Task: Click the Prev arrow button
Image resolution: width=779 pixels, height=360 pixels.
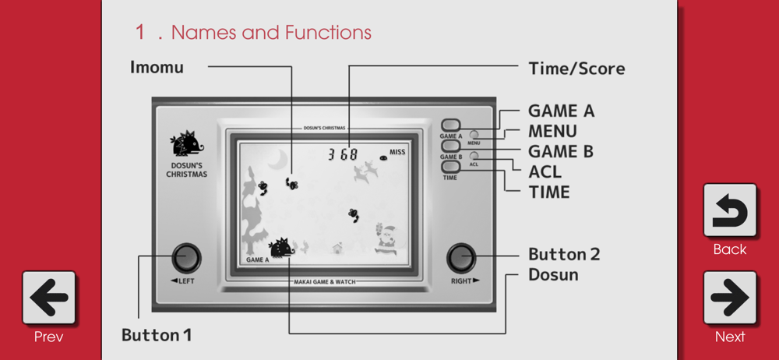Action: (x=48, y=298)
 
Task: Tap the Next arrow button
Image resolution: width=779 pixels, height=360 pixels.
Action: (x=730, y=298)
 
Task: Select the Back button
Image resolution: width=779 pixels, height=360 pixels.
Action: (x=730, y=210)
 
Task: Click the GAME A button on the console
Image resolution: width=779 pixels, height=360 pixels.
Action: (x=450, y=125)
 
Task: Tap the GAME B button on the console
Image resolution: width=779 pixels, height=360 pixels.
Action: (x=450, y=146)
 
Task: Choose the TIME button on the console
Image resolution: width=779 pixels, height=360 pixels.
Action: (x=450, y=167)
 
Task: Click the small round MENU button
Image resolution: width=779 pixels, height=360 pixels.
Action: (x=474, y=134)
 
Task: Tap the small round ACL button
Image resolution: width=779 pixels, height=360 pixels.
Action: (x=474, y=156)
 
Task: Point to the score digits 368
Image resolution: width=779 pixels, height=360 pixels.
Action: (x=343, y=154)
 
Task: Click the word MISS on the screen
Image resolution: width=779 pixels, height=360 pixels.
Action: (x=397, y=152)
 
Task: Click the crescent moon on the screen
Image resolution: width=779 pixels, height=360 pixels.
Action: (x=278, y=160)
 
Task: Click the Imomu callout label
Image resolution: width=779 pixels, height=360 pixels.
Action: (x=157, y=67)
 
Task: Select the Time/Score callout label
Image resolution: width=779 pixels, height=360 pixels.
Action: (x=576, y=68)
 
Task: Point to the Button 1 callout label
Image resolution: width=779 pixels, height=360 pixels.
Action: (x=157, y=334)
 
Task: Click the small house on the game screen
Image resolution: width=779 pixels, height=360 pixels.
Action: (x=338, y=247)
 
